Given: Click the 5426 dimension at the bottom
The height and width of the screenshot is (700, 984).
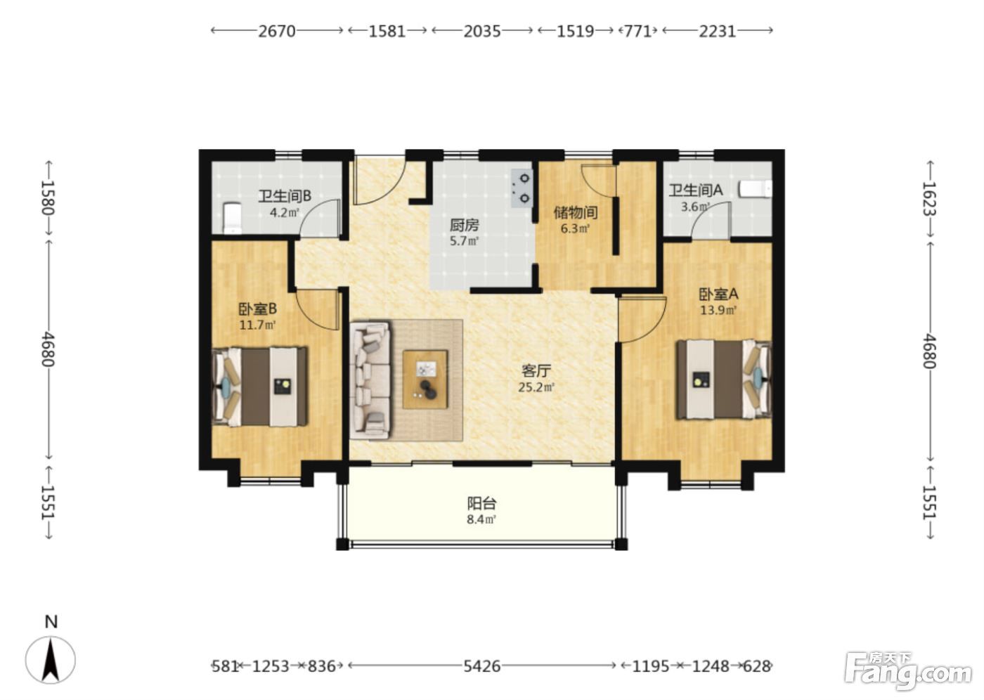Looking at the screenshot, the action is coord(482,666).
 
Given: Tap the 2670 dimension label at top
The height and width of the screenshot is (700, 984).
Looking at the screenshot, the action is coord(276,31).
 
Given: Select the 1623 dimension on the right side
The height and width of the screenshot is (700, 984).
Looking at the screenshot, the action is coord(929,198).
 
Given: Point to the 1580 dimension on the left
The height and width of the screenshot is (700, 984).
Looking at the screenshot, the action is coord(48,197).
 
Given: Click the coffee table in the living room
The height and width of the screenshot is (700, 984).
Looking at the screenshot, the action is coord(425,380).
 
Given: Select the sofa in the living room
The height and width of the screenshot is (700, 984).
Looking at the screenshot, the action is coord(370,380).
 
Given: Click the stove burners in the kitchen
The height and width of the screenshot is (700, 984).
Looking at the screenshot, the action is coord(522,188).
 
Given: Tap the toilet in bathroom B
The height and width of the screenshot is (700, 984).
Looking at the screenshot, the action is coord(232,218).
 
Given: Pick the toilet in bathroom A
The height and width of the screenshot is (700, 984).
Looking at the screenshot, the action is coord(756,189).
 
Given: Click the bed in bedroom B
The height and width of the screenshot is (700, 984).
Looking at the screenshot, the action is coord(259,387).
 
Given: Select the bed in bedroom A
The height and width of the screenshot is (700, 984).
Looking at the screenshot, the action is coord(724,379).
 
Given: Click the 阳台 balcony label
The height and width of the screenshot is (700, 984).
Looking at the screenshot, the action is coord(481,503).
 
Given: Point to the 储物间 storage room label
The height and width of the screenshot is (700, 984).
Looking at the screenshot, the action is coord(576,212).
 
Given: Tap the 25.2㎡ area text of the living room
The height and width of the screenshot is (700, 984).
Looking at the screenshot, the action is coord(536,387).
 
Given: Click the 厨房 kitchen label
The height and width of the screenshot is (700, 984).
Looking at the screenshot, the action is coord(464,226).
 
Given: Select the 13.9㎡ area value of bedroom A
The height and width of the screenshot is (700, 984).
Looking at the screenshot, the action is coord(718,310).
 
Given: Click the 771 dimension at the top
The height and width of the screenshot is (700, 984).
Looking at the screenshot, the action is coord(638,31).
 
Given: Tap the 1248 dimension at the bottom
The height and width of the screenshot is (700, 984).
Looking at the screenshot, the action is coord(711,666).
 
